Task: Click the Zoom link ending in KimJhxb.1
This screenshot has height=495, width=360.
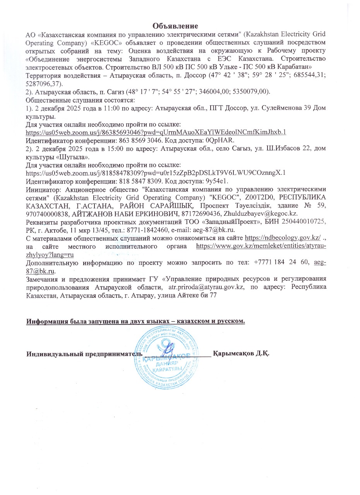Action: click(156, 132)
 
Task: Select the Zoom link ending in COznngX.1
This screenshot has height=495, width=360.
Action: click(156, 173)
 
